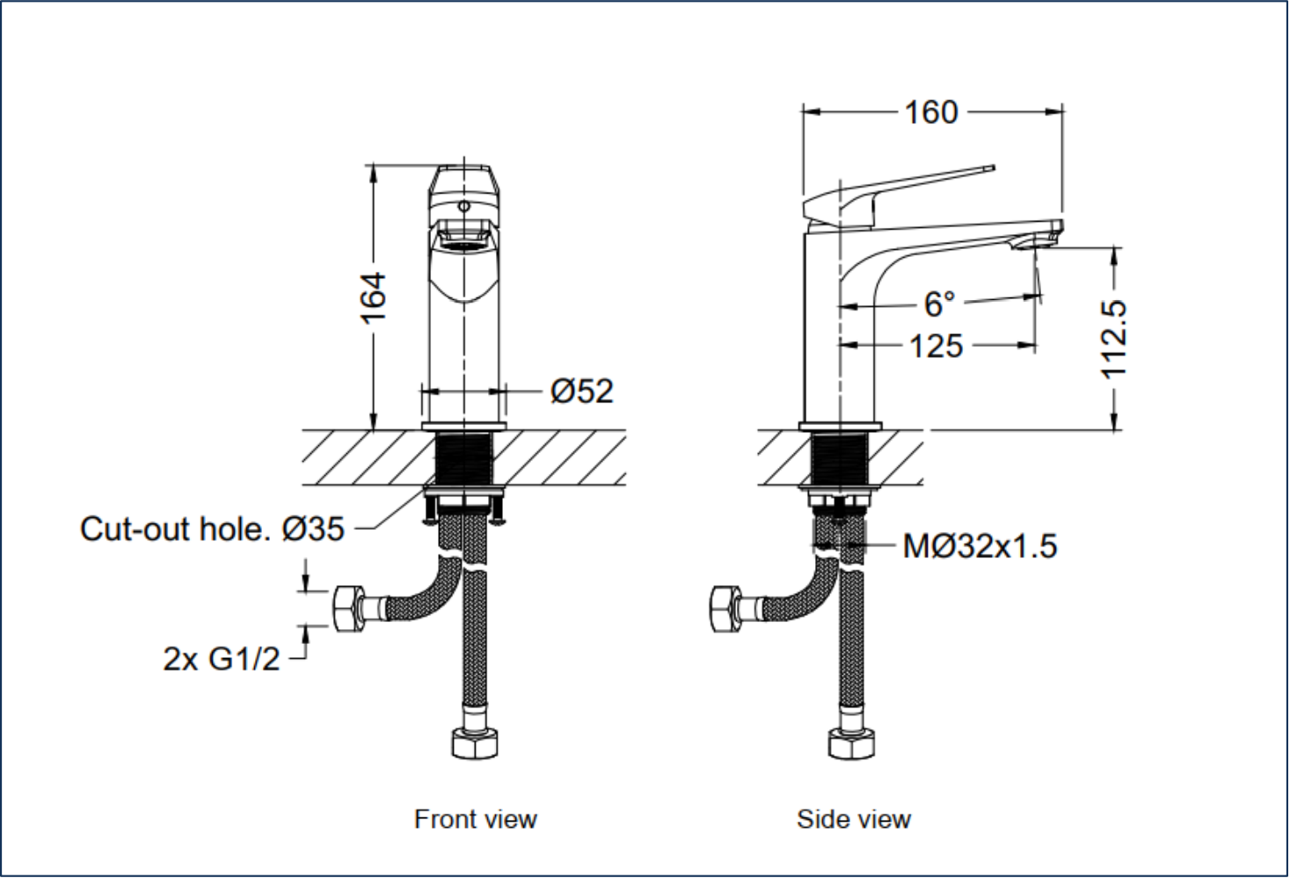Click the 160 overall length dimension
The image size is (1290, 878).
931,113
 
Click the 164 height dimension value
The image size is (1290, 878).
374,296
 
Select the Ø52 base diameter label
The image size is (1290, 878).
581,391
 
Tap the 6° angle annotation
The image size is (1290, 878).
939,304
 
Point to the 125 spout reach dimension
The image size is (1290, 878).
936,346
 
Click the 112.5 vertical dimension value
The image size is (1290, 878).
1114,339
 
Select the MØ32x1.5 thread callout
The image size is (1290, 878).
980,546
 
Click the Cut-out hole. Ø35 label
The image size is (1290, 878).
212,529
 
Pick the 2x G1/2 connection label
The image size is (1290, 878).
222,658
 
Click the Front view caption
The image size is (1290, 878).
475,819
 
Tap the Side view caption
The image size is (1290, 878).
853,819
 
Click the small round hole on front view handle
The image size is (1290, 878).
463,206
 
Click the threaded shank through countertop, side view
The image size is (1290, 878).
839,457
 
